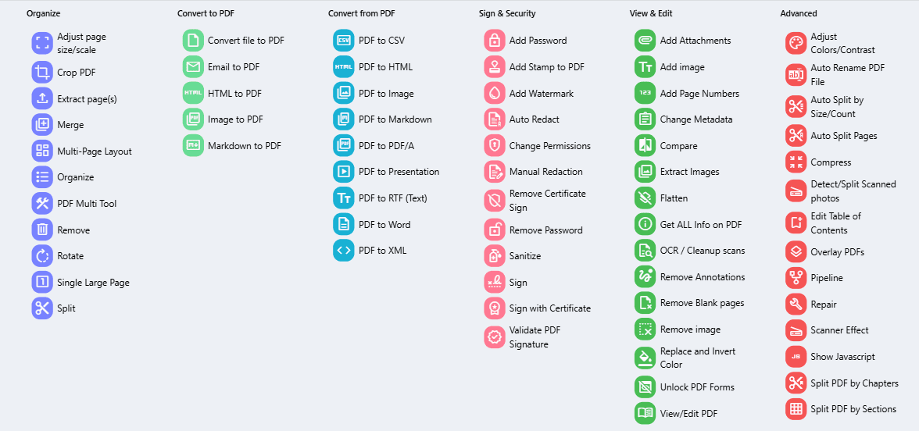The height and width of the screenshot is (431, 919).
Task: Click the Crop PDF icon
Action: (x=42, y=73)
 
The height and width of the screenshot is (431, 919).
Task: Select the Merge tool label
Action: (x=70, y=125)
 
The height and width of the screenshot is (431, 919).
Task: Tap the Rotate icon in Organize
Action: (x=42, y=256)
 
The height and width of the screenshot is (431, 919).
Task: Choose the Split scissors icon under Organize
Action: (x=42, y=308)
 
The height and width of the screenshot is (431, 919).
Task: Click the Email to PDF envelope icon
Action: (x=193, y=67)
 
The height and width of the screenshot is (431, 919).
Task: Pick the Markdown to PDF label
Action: (x=244, y=146)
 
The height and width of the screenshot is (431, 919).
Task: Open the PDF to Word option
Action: (x=384, y=225)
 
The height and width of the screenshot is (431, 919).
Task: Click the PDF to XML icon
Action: (x=344, y=251)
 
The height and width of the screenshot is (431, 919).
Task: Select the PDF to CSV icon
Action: (x=344, y=41)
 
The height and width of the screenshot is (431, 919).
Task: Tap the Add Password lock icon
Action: (x=494, y=41)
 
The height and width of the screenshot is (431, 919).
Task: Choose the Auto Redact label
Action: (x=534, y=119)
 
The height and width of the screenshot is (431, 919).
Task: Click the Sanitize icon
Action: (x=494, y=256)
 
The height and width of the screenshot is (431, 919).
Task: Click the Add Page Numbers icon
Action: (x=645, y=93)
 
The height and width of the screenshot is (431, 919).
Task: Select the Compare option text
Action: (x=678, y=146)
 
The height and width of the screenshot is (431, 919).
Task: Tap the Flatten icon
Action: (x=645, y=198)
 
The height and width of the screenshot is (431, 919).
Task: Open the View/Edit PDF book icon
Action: (x=645, y=413)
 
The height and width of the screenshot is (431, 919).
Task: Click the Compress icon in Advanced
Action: (x=796, y=162)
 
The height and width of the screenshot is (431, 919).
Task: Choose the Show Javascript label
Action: (x=842, y=357)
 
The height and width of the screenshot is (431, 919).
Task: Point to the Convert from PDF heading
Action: (x=361, y=13)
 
